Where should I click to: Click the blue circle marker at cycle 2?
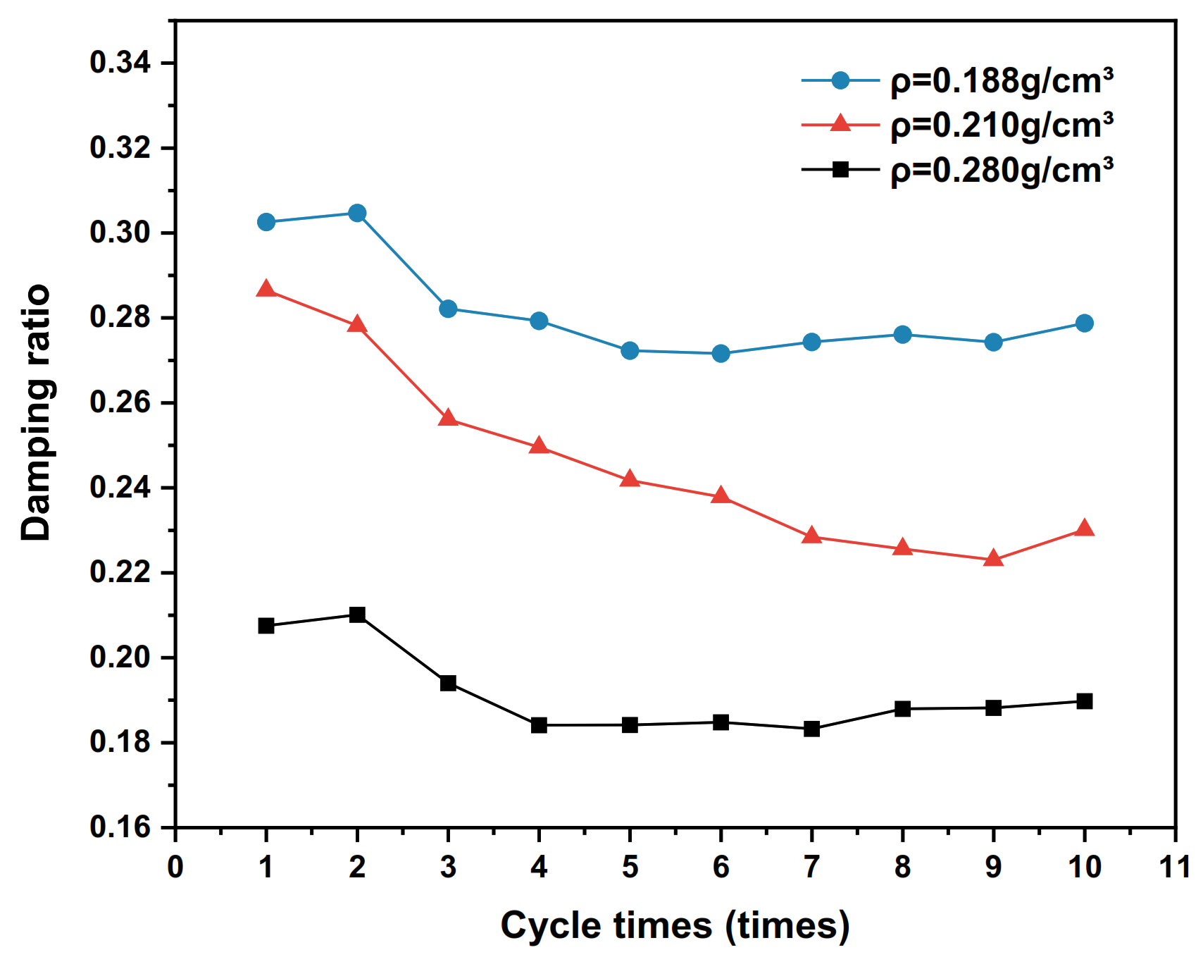(357, 213)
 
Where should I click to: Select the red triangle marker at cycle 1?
(266, 289)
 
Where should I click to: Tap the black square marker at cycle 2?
(357, 615)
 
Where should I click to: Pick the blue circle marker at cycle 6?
(721, 353)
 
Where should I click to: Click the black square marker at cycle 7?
(811, 729)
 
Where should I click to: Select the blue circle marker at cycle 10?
(1085, 323)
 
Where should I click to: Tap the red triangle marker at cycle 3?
(448, 419)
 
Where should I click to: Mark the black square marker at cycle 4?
(539, 725)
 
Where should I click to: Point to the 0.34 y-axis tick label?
(120, 63)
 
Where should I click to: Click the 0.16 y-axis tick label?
(120, 827)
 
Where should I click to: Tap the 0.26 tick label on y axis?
(120, 402)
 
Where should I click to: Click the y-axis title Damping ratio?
(36, 413)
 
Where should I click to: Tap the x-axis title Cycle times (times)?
(675, 925)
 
